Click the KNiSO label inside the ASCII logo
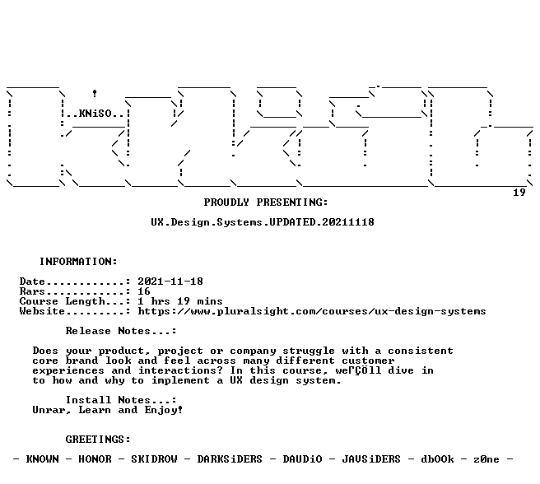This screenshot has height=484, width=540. tap(95, 114)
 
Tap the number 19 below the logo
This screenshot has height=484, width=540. tap(519, 193)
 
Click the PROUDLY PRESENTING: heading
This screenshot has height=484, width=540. tap(266, 202)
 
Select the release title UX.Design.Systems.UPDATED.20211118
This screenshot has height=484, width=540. tap(263, 222)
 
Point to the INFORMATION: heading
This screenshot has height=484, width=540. tap(78, 262)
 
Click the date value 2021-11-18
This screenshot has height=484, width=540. tap(170, 282)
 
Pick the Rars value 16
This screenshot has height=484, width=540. tap(144, 291)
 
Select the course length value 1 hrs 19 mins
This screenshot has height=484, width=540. tap(180, 301)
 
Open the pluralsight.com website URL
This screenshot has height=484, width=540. tap(312, 311)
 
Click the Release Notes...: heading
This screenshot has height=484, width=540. tap(121, 331)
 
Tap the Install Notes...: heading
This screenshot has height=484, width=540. tap(121, 400)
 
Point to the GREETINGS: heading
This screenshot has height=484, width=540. tap(98, 440)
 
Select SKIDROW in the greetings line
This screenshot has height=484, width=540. tap(154, 459)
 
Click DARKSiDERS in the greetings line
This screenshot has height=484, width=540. tap(230, 459)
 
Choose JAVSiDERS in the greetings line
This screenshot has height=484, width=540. tap(371, 459)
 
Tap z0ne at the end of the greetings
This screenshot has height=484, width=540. tap(486, 459)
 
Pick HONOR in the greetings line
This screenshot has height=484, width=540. tap(95, 459)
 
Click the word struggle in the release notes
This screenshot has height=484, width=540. tap(309, 351)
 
